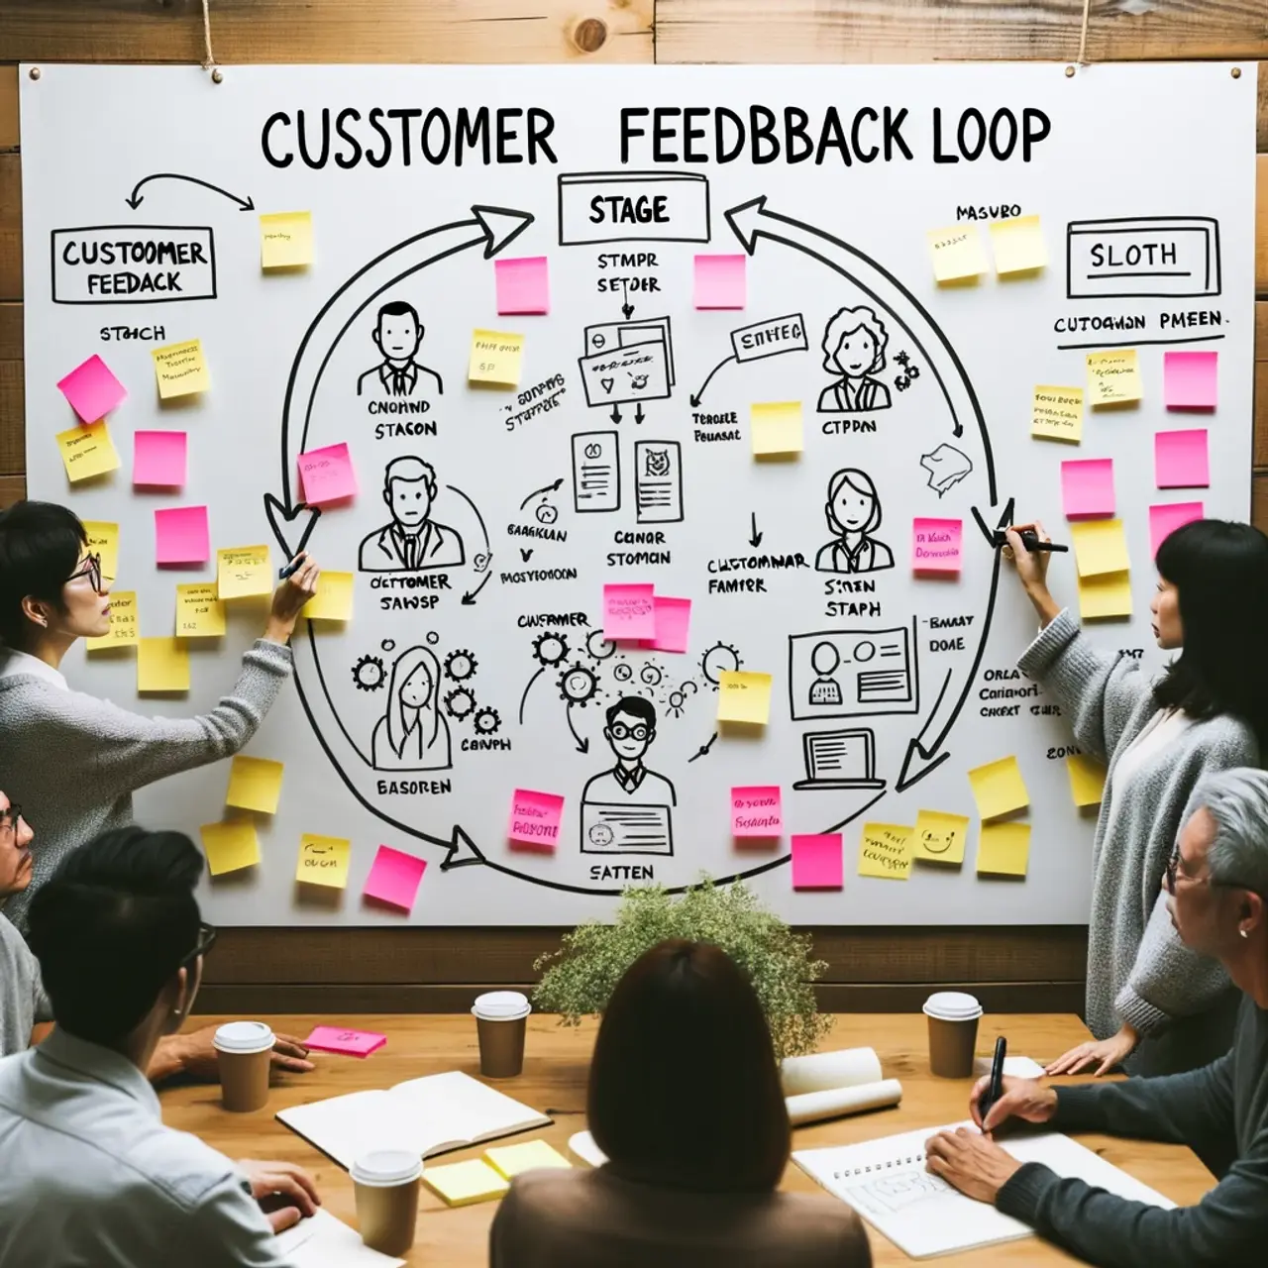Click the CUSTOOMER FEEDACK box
tap(133, 265)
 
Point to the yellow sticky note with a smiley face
tap(940, 836)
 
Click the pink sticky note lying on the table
tap(344, 1039)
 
